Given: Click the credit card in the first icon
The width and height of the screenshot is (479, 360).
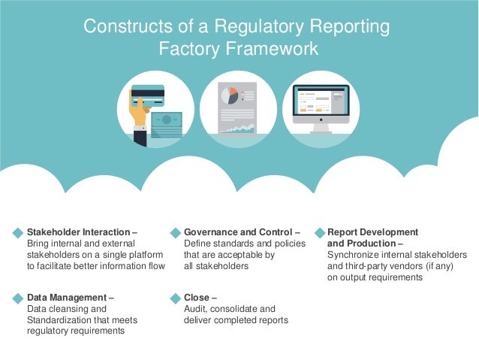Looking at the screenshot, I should [149, 94].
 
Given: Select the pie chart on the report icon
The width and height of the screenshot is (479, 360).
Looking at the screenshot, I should [228, 95].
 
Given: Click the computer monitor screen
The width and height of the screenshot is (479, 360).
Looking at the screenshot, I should [321, 104].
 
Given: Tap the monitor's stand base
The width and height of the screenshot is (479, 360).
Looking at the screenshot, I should [321, 131].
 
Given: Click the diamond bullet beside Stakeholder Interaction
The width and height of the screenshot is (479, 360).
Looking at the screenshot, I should [18, 233].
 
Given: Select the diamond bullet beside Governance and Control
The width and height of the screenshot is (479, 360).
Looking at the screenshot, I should [176, 233].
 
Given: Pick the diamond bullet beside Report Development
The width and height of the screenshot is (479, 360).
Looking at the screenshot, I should [320, 233].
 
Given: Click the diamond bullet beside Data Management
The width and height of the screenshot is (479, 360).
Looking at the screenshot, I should [18, 298].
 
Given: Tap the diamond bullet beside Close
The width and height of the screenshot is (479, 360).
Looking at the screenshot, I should [176, 298].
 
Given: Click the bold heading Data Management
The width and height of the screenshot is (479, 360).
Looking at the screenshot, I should [66, 298].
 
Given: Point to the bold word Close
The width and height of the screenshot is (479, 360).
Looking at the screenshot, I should [196, 298].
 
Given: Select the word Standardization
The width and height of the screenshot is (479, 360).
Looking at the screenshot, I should [61, 320].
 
